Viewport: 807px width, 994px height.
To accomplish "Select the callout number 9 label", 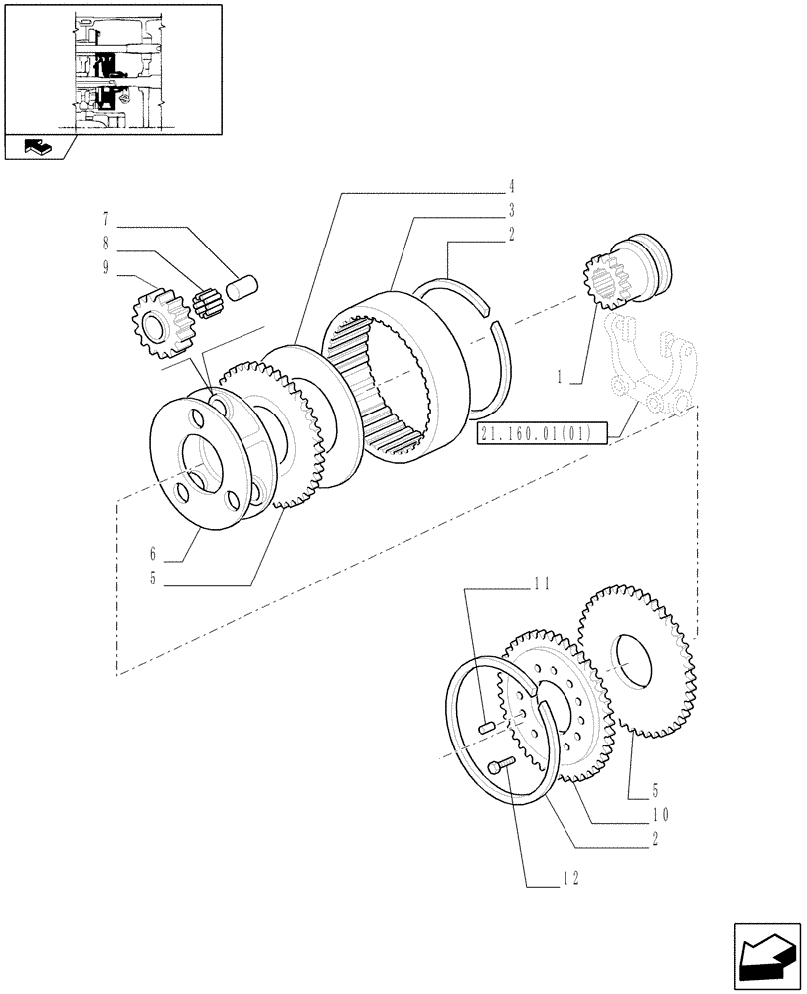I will pyautogui.click(x=104, y=267).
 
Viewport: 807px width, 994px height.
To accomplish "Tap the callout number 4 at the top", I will pyautogui.click(x=510, y=186).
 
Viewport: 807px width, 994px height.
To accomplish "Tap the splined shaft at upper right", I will pyautogui.click(x=629, y=272).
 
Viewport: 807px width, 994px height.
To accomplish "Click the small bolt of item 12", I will pyautogui.click(x=502, y=763).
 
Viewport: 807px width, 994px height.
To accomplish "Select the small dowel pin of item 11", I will pyautogui.click(x=486, y=728).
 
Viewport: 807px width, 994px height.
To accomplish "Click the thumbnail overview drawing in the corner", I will pyautogui.click(x=111, y=70).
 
